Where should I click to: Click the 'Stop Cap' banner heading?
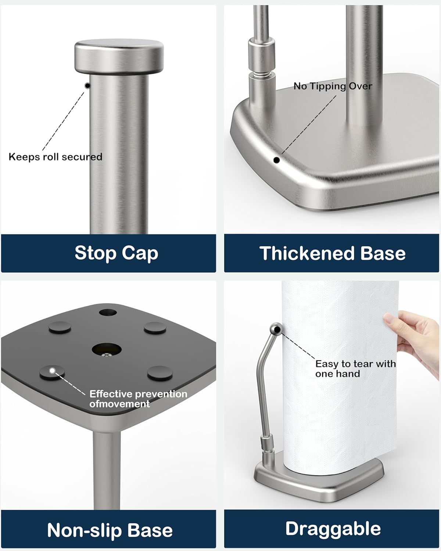tap(116, 253)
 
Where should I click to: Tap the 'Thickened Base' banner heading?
tap(332, 253)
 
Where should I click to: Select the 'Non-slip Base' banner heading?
tap(110, 530)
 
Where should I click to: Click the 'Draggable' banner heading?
tap(333, 529)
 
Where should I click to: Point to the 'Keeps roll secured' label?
tap(55, 157)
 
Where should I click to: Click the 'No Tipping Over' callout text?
tap(333, 86)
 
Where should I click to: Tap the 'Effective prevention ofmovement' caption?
tap(138, 399)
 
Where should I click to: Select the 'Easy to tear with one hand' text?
tap(355, 368)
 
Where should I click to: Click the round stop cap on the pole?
tap(119, 57)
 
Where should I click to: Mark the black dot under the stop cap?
tap(87, 86)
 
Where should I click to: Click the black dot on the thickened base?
tap(276, 160)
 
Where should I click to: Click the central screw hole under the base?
tap(107, 349)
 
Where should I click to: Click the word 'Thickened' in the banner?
tap(307, 253)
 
